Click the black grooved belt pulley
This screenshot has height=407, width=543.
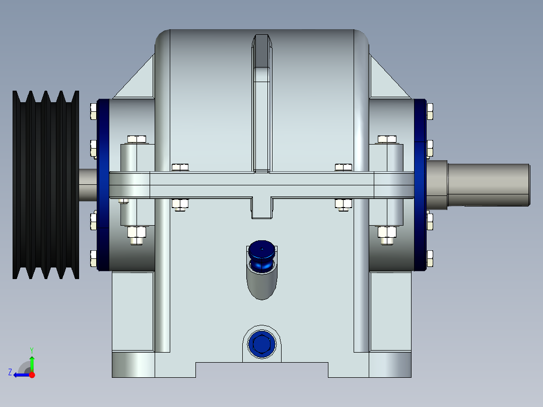coord(45,184)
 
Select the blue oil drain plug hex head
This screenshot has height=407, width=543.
coord(261,345)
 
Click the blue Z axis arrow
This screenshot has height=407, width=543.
coord(19,374)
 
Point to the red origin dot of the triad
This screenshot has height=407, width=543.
coord(32,375)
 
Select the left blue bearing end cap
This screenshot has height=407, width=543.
coord(103,184)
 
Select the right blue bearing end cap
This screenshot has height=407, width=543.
coord(421,184)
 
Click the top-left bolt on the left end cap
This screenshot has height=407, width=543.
coord(93,111)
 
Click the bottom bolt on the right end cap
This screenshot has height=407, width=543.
coord(429,258)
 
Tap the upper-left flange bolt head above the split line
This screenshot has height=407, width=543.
coord(180,167)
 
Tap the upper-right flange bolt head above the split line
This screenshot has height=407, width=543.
coord(344,167)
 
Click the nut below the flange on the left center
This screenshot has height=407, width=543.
coord(180,204)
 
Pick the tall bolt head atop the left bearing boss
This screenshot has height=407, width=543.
coord(137,139)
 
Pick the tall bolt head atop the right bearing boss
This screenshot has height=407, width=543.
coord(387,139)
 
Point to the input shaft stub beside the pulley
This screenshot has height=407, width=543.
coord(88,184)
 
